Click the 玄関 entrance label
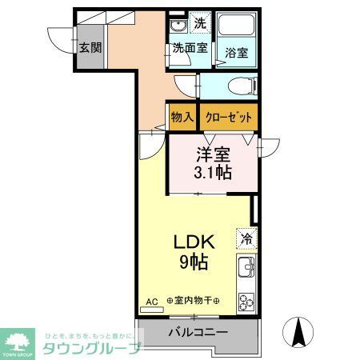90,47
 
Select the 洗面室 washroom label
190,48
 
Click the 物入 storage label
182,117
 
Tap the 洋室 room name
214,154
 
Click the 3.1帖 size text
214,172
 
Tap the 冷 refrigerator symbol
247,238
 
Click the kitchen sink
246,266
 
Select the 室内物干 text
193,302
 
